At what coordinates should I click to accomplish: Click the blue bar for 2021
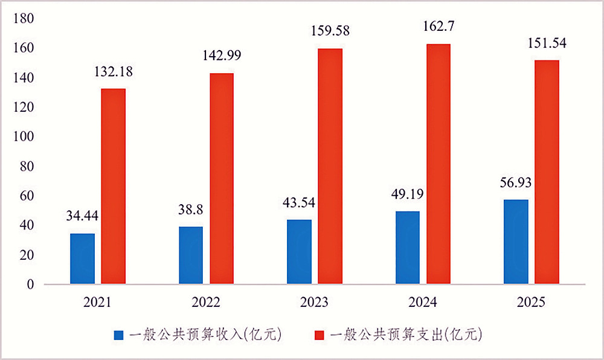(x=82, y=259)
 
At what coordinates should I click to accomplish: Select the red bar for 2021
(x=113, y=186)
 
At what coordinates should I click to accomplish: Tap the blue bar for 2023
(x=299, y=252)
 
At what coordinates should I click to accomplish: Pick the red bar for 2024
(x=438, y=164)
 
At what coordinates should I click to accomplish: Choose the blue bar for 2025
(x=516, y=242)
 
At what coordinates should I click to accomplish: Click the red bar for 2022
(x=222, y=178)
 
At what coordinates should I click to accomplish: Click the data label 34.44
(x=82, y=216)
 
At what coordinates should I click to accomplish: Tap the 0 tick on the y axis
(x=30, y=285)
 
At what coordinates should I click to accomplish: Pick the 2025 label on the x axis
(x=531, y=302)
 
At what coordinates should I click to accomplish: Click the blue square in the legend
(x=118, y=333)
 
